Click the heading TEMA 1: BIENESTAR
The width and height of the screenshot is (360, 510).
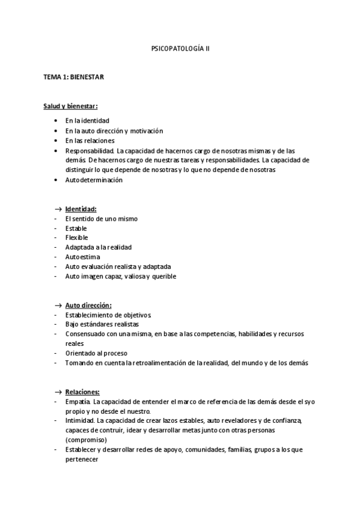(74, 78)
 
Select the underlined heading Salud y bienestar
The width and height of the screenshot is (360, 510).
(70, 106)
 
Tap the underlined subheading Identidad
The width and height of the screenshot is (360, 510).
(81, 209)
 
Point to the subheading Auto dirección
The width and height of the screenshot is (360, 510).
(88, 305)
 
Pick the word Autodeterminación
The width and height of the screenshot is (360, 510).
(94, 180)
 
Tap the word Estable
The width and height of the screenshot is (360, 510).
(76, 229)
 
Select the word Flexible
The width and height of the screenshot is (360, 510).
(76, 238)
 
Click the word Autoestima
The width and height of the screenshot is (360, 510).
(81, 257)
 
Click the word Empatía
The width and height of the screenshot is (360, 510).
(78, 401)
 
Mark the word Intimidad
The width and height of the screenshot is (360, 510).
(80, 420)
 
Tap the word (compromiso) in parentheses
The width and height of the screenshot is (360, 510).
(86, 440)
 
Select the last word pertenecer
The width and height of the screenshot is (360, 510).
(82, 459)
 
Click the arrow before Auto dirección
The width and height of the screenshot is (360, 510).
(58, 305)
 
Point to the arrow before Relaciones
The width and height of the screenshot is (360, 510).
(58, 392)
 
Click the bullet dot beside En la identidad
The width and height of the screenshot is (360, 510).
(55, 121)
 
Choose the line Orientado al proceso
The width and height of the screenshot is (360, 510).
(96, 353)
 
